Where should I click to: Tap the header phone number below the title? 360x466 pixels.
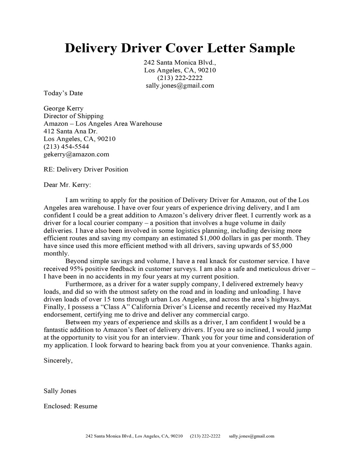pos(180,78)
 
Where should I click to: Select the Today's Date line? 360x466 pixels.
pos(63,93)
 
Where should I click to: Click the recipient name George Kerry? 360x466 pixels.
pos(63,109)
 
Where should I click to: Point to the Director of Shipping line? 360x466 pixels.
pos(73,116)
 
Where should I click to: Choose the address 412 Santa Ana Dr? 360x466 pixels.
pos(70,131)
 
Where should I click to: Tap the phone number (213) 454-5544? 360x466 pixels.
pos(66,147)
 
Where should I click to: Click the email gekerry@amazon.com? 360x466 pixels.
pos(76,154)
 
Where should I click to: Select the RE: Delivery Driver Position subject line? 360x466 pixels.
pos(86,170)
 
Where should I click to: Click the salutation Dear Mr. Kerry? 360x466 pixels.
pos(67,185)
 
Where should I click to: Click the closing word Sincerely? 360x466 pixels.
pos(58,360)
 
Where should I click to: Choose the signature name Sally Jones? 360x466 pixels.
pos(60,391)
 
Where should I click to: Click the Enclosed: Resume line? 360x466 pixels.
pos(70,406)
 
